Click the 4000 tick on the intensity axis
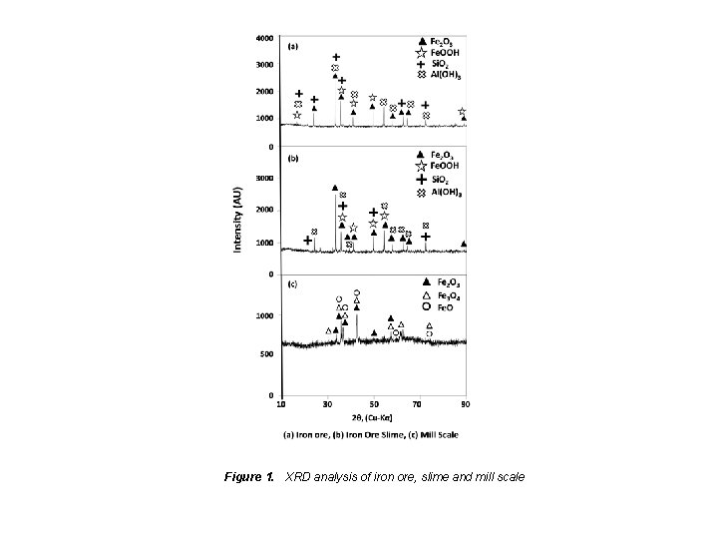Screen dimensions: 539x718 (x=265, y=38)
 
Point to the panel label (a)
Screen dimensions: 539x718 (x=294, y=46)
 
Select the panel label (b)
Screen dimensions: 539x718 (x=294, y=159)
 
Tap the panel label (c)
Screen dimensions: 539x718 (x=294, y=285)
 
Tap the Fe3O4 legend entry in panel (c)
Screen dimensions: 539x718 (x=442, y=294)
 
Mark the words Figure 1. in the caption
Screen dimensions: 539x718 (x=249, y=477)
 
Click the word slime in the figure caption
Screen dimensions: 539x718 (x=429, y=477)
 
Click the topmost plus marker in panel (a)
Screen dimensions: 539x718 (x=336, y=58)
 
